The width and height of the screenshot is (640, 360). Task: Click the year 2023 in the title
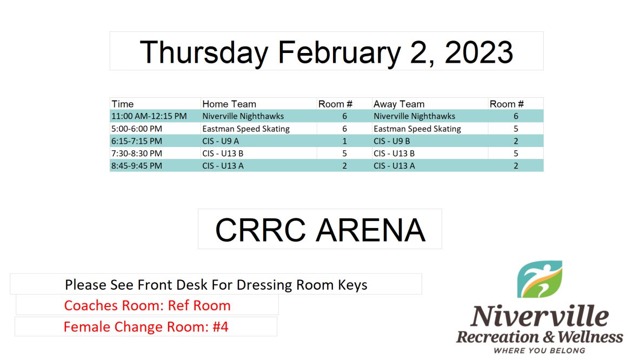tap(478, 52)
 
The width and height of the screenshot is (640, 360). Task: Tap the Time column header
tap(123, 104)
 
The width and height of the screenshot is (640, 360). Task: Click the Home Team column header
tap(229, 104)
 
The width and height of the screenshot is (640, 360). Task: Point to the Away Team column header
tap(399, 104)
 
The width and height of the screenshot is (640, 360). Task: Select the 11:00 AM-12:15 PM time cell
tap(149, 116)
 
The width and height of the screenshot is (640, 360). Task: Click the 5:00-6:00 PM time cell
tap(136, 129)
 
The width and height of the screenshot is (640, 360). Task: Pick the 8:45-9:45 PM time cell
tap(136, 166)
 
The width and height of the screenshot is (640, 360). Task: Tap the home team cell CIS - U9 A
tap(221, 141)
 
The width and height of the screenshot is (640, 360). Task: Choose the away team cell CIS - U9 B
tap(391, 141)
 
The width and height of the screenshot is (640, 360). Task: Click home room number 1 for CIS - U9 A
tap(344, 141)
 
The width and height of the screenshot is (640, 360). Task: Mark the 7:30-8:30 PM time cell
tap(136, 154)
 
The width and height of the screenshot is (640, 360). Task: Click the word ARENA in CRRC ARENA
tap(371, 230)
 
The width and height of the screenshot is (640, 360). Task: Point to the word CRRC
tap(260, 230)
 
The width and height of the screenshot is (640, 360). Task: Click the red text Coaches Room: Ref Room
tap(148, 305)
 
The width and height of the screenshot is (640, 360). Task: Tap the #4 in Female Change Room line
tap(221, 326)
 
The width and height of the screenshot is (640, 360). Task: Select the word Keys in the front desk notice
tap(352, 285)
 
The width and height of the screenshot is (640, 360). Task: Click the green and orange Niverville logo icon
tap(539, 279)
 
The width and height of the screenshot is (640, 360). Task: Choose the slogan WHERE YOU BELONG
tap(539, 350)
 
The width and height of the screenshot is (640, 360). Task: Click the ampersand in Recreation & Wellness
tap(549, 337)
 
